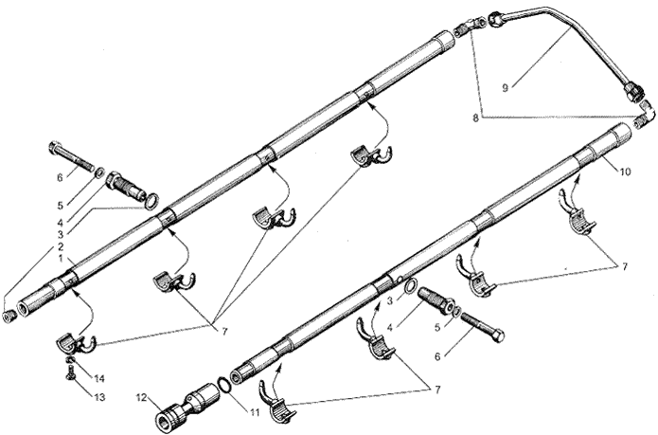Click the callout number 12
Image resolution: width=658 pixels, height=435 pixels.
tap(142, 397)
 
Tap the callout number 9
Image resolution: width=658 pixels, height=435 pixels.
tap(506, 88)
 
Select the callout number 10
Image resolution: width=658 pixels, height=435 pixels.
tap(625, 172)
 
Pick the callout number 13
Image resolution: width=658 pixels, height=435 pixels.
tap(99, 397)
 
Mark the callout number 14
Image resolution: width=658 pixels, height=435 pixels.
tap(99, 379)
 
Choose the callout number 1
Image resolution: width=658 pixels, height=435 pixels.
tap(61, 258)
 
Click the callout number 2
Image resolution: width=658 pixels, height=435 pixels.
tap(61, 246)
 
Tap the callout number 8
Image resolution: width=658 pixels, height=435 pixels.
tap(475, 118)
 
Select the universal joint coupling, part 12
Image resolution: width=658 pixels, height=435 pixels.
tap(187, 405)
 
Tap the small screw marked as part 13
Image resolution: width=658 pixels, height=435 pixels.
tap(70, 372)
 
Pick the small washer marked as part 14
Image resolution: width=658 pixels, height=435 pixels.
tap(71, 361)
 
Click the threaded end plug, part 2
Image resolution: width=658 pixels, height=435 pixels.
tap(9, 317)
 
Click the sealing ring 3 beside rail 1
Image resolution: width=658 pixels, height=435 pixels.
tap(152, 201)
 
